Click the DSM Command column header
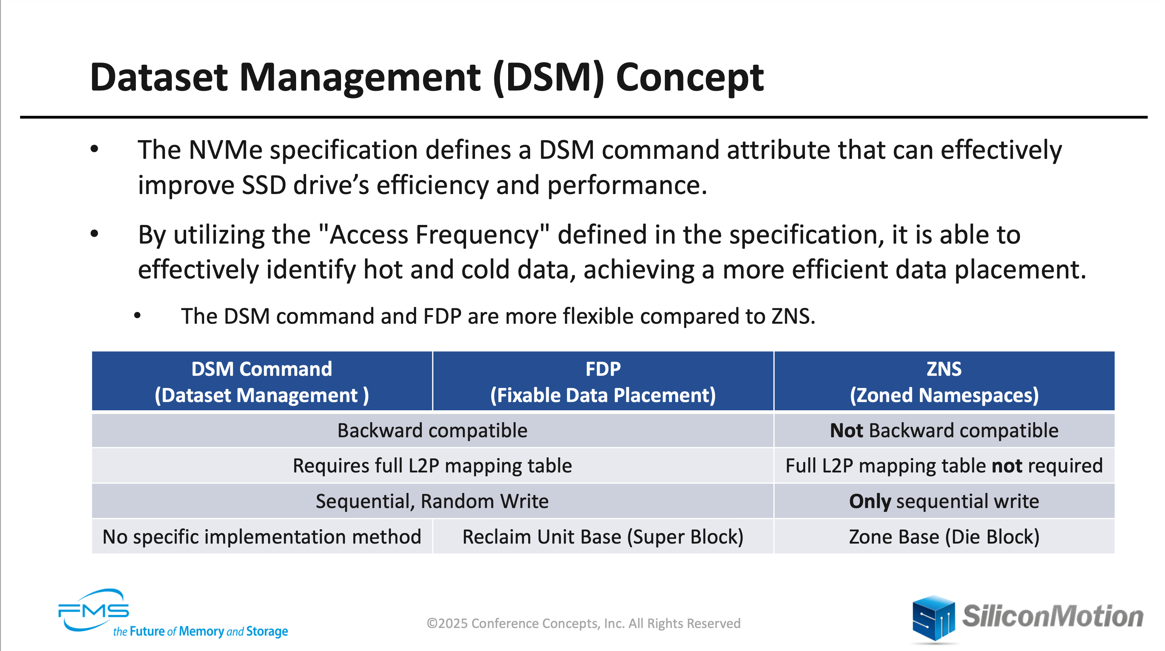coord(262,381)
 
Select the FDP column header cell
coord(603,381)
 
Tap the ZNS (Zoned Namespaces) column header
coord(944,381)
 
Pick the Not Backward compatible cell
coord(944,430)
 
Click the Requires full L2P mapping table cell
coord(432,465)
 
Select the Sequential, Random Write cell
coord(432,501)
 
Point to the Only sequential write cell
coord(944,501)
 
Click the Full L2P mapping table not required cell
coord(944,465)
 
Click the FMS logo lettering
coord(94,611)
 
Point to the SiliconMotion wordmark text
coord(1053,616)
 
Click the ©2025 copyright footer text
coord(584,623)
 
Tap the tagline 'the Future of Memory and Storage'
coord(201,631)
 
